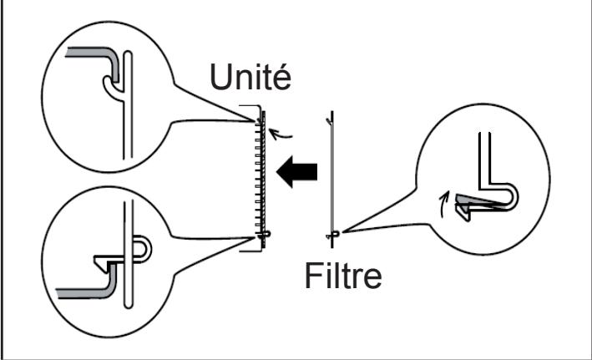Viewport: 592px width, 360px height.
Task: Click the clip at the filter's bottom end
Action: click(x=332, y=236)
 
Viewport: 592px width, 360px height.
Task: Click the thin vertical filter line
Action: click(x=332, y=175)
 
